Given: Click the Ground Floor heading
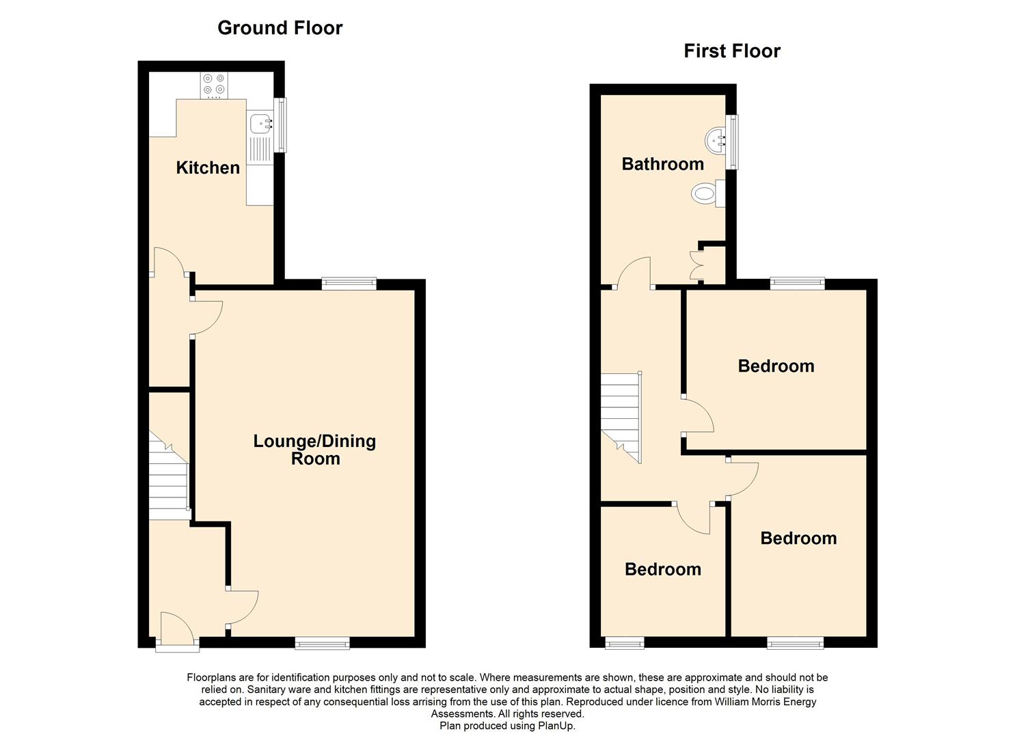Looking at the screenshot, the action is click(280, 28).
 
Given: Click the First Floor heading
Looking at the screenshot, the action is click(732, 51).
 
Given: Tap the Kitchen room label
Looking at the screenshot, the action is click(208, 168).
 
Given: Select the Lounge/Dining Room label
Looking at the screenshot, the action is click(315, 450).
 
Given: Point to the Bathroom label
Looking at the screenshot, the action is click(662, 164).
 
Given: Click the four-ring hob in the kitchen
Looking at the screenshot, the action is click(214, 85).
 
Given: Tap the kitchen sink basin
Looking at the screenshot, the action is click(260, 123).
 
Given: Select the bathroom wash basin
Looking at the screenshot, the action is click(716, 139).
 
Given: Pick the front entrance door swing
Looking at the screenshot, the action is click(177, 626).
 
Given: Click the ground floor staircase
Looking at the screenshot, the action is click(169, 475).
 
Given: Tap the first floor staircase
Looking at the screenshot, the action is click(621, 418).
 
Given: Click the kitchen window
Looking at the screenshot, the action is click(282, 125).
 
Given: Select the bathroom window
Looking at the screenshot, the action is click(732, 142).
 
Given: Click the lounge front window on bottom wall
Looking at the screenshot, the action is click(322, 643).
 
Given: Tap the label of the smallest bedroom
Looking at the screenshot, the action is click(663, 569).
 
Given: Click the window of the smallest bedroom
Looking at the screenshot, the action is click(625, 643).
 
